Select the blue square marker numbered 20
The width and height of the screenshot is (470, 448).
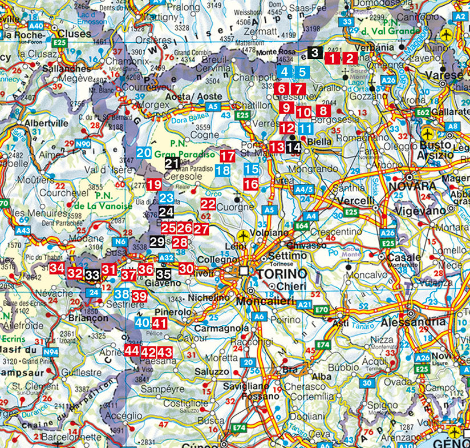[x=144, y=153]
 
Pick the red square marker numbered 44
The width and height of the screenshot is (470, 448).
[x=132, y=350]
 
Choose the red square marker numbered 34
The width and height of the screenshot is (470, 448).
[x=56, y=268]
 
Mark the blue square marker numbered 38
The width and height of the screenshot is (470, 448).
[x=121, y=294]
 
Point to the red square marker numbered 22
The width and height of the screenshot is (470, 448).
[x=208, y=204]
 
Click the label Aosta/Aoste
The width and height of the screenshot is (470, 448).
[x=185, y=97]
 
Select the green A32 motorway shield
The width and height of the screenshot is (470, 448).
[x=166, y=258]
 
